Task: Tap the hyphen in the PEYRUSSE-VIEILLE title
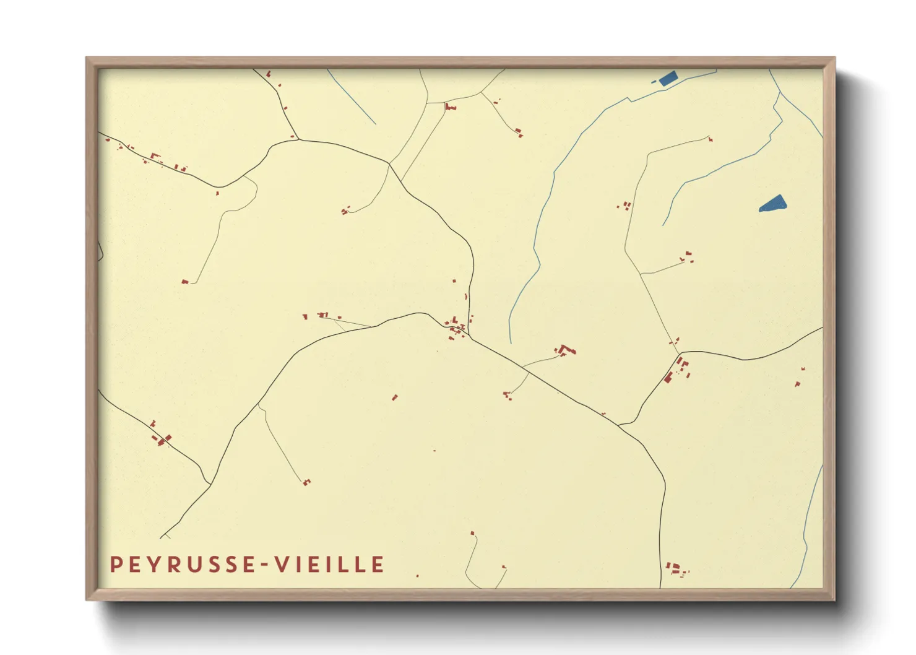pyautogui.click(x=264, y=565)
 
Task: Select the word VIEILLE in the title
pyautogui.click(x=329, y=565)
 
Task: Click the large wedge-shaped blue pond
pyautogui.click(x=773, y=204)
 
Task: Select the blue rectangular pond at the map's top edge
pyautogui.click(x=668, y=79)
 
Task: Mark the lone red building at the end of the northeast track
pyautogui.click(x=711, y=139)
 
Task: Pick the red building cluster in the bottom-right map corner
pyautogui.click(x=676, y=568)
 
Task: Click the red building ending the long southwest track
pyautogui.click(x=306, y=482)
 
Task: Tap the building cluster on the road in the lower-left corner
pyautogui.click(x=162, y=438)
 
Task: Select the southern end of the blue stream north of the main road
pyautogui.click(x=511, y=342)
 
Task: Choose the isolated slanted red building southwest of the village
pyautogui.click(x=395, y=397)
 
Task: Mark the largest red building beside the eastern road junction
pyautogui.click(x=668, y=378)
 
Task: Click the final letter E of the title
pyautogui.click(x=378, y=565)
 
